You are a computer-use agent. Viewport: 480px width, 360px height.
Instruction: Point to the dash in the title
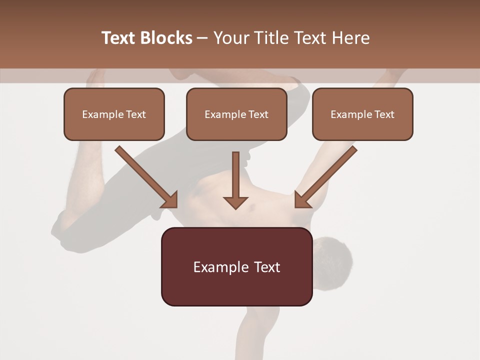pos(203,38)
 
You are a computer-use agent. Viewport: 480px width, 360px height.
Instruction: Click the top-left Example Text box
pos(114,114)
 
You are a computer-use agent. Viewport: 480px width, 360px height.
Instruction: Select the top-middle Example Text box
pos(236,114)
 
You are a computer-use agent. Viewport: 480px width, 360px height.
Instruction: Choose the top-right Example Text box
pos(362,114)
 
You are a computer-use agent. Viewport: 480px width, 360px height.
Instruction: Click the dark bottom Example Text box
pos(236,266)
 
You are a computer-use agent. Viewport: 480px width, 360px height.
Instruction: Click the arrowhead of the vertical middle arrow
pos(235,202)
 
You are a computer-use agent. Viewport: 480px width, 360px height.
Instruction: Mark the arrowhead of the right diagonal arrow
pos(302,200)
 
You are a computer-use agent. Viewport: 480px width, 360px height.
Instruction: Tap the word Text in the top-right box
pos(383,114)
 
